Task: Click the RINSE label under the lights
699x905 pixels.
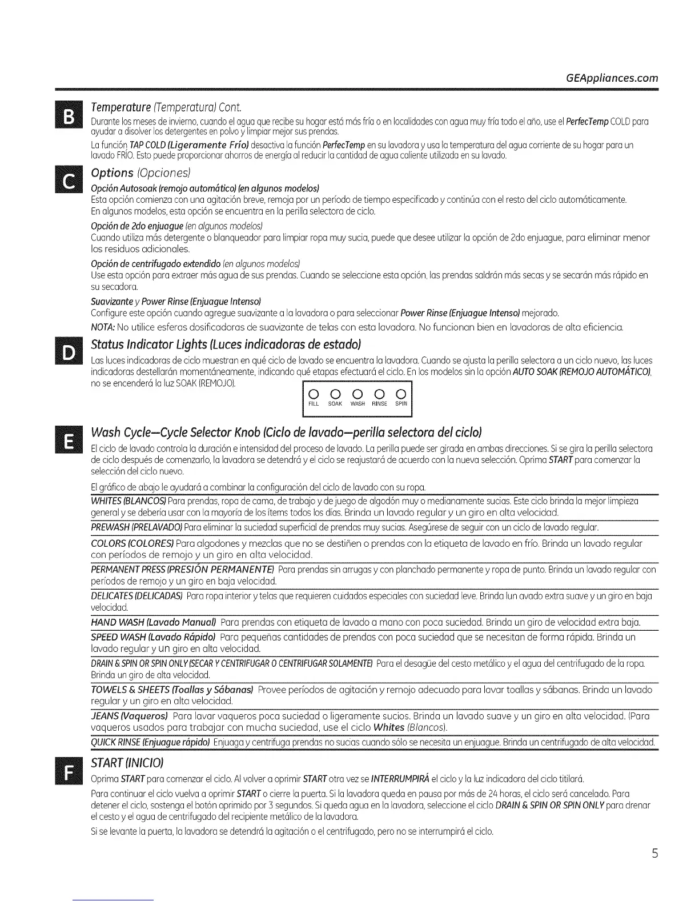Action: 379,404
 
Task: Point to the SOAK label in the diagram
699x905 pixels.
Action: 335,404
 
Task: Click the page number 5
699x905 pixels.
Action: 655,854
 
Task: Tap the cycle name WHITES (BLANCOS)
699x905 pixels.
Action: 128,501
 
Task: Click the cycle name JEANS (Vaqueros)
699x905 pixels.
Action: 129,715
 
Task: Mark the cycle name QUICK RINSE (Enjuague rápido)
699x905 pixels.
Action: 150,742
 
